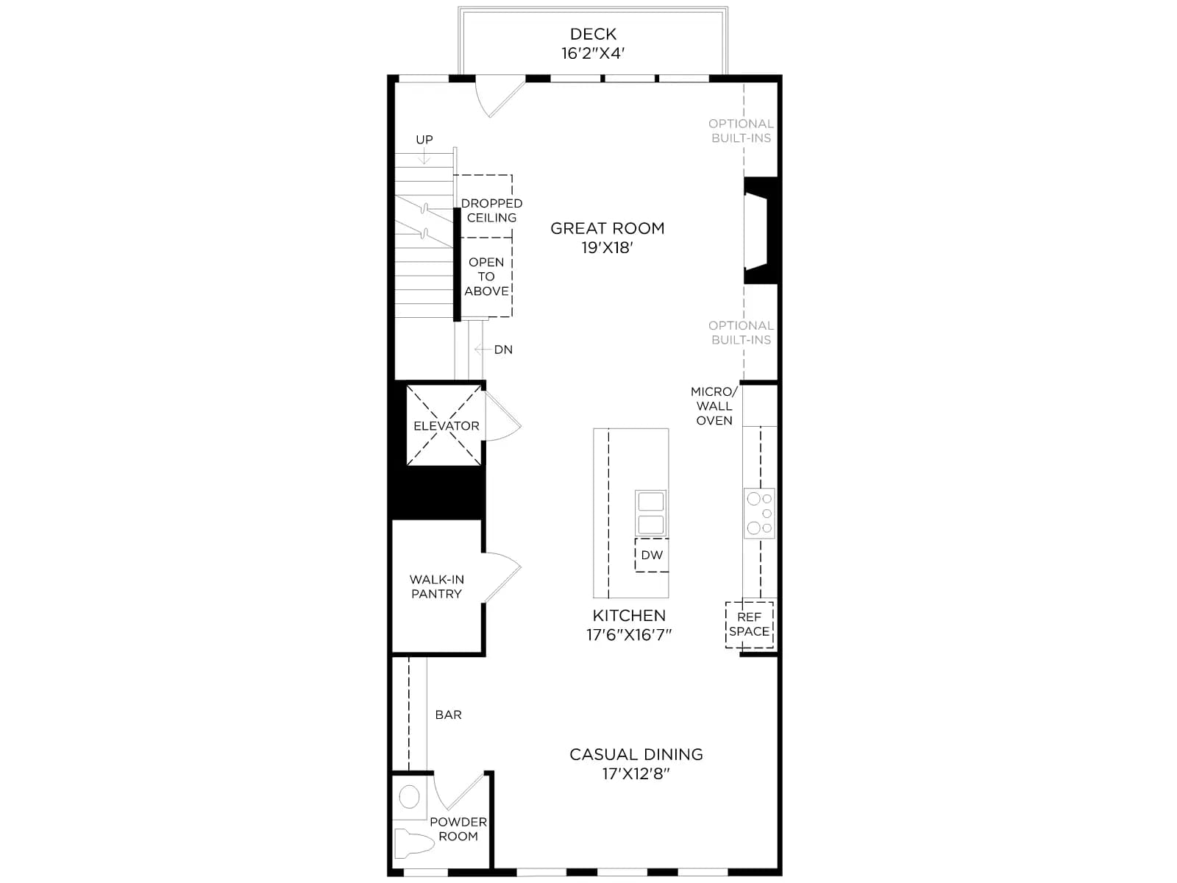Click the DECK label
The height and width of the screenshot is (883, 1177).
pyautogui.click(x=593, y=34)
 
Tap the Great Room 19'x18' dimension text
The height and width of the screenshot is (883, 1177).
pyautogui.click(x=608, y=248)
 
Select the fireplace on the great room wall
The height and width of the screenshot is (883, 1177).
pyautogui.click(x=761, y=230)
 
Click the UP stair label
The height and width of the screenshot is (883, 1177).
pyautogui.click(x=424, y=139)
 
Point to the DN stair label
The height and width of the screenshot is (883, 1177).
pyautogui.click(x=503, y=350)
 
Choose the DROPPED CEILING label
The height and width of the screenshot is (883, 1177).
pyautogui.click(x=491, y=210)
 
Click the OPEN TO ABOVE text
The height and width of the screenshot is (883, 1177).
pyautogui.click(x=486, y=277)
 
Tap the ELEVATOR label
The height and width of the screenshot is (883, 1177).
pyautogui.click(x=446, y=426)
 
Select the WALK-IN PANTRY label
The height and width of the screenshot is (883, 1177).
pyautogui.click(x=436, y=586)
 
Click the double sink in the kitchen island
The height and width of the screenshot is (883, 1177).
pyautogui.click(x=651, y=513)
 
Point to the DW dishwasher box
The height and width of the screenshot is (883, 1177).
pyautogui.click(x=652, y=555)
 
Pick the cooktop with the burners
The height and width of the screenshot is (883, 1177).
pyautogui.click(x=759, y=513)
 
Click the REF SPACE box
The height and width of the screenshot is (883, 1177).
pyautogui.click(x=749, y=625)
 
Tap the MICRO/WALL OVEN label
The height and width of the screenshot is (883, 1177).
pyautogui.click(x=714, y=406)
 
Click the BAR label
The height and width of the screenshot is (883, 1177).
pyautogui.click(x=448, y=714)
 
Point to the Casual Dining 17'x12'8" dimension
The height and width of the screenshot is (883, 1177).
pyautogui.click(x=636, y=773)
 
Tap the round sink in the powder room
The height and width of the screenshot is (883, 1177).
pyautogui.click(x=409, y=797)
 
